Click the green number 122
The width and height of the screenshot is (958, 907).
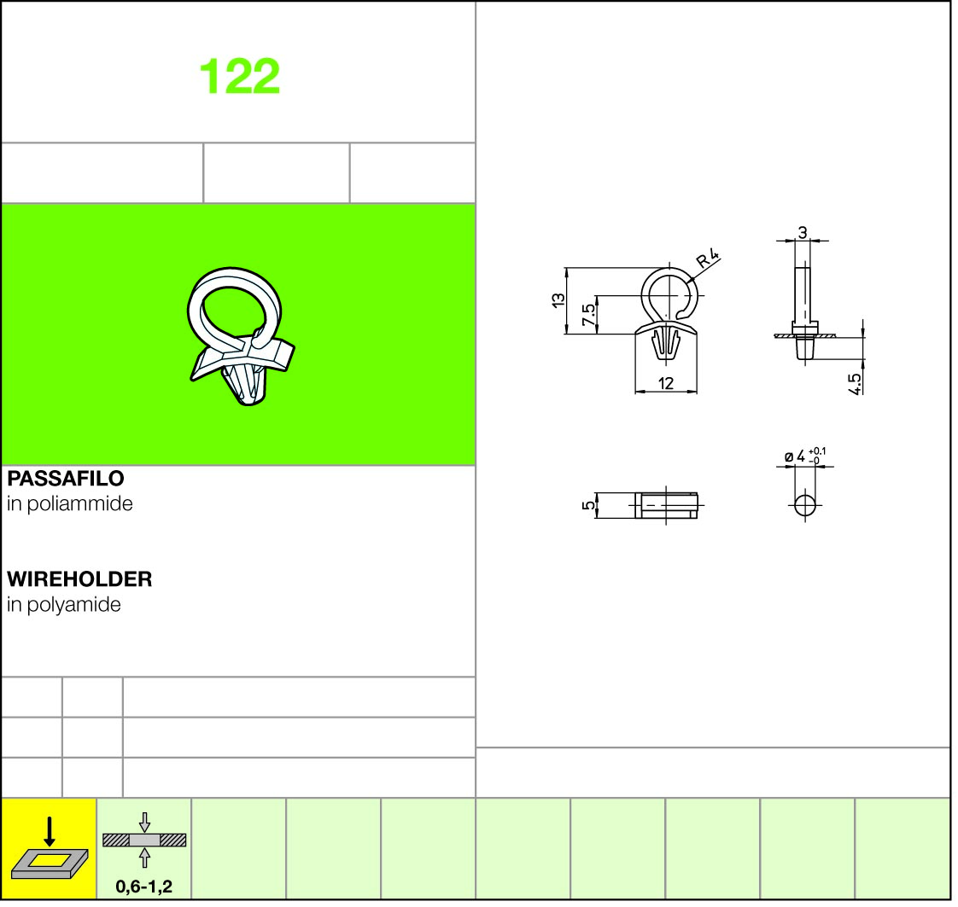coord(239,76)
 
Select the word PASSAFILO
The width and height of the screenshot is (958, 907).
coord(66,478)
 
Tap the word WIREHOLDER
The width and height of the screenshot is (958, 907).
coord(79,579)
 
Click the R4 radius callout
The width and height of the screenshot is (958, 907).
coord(708,259)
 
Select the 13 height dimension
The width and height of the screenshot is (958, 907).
coord(558,300)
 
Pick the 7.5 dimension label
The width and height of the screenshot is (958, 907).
coord(588,315)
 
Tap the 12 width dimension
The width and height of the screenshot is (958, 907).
coord(666,383)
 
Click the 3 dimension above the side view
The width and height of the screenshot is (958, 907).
coord(803,232)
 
